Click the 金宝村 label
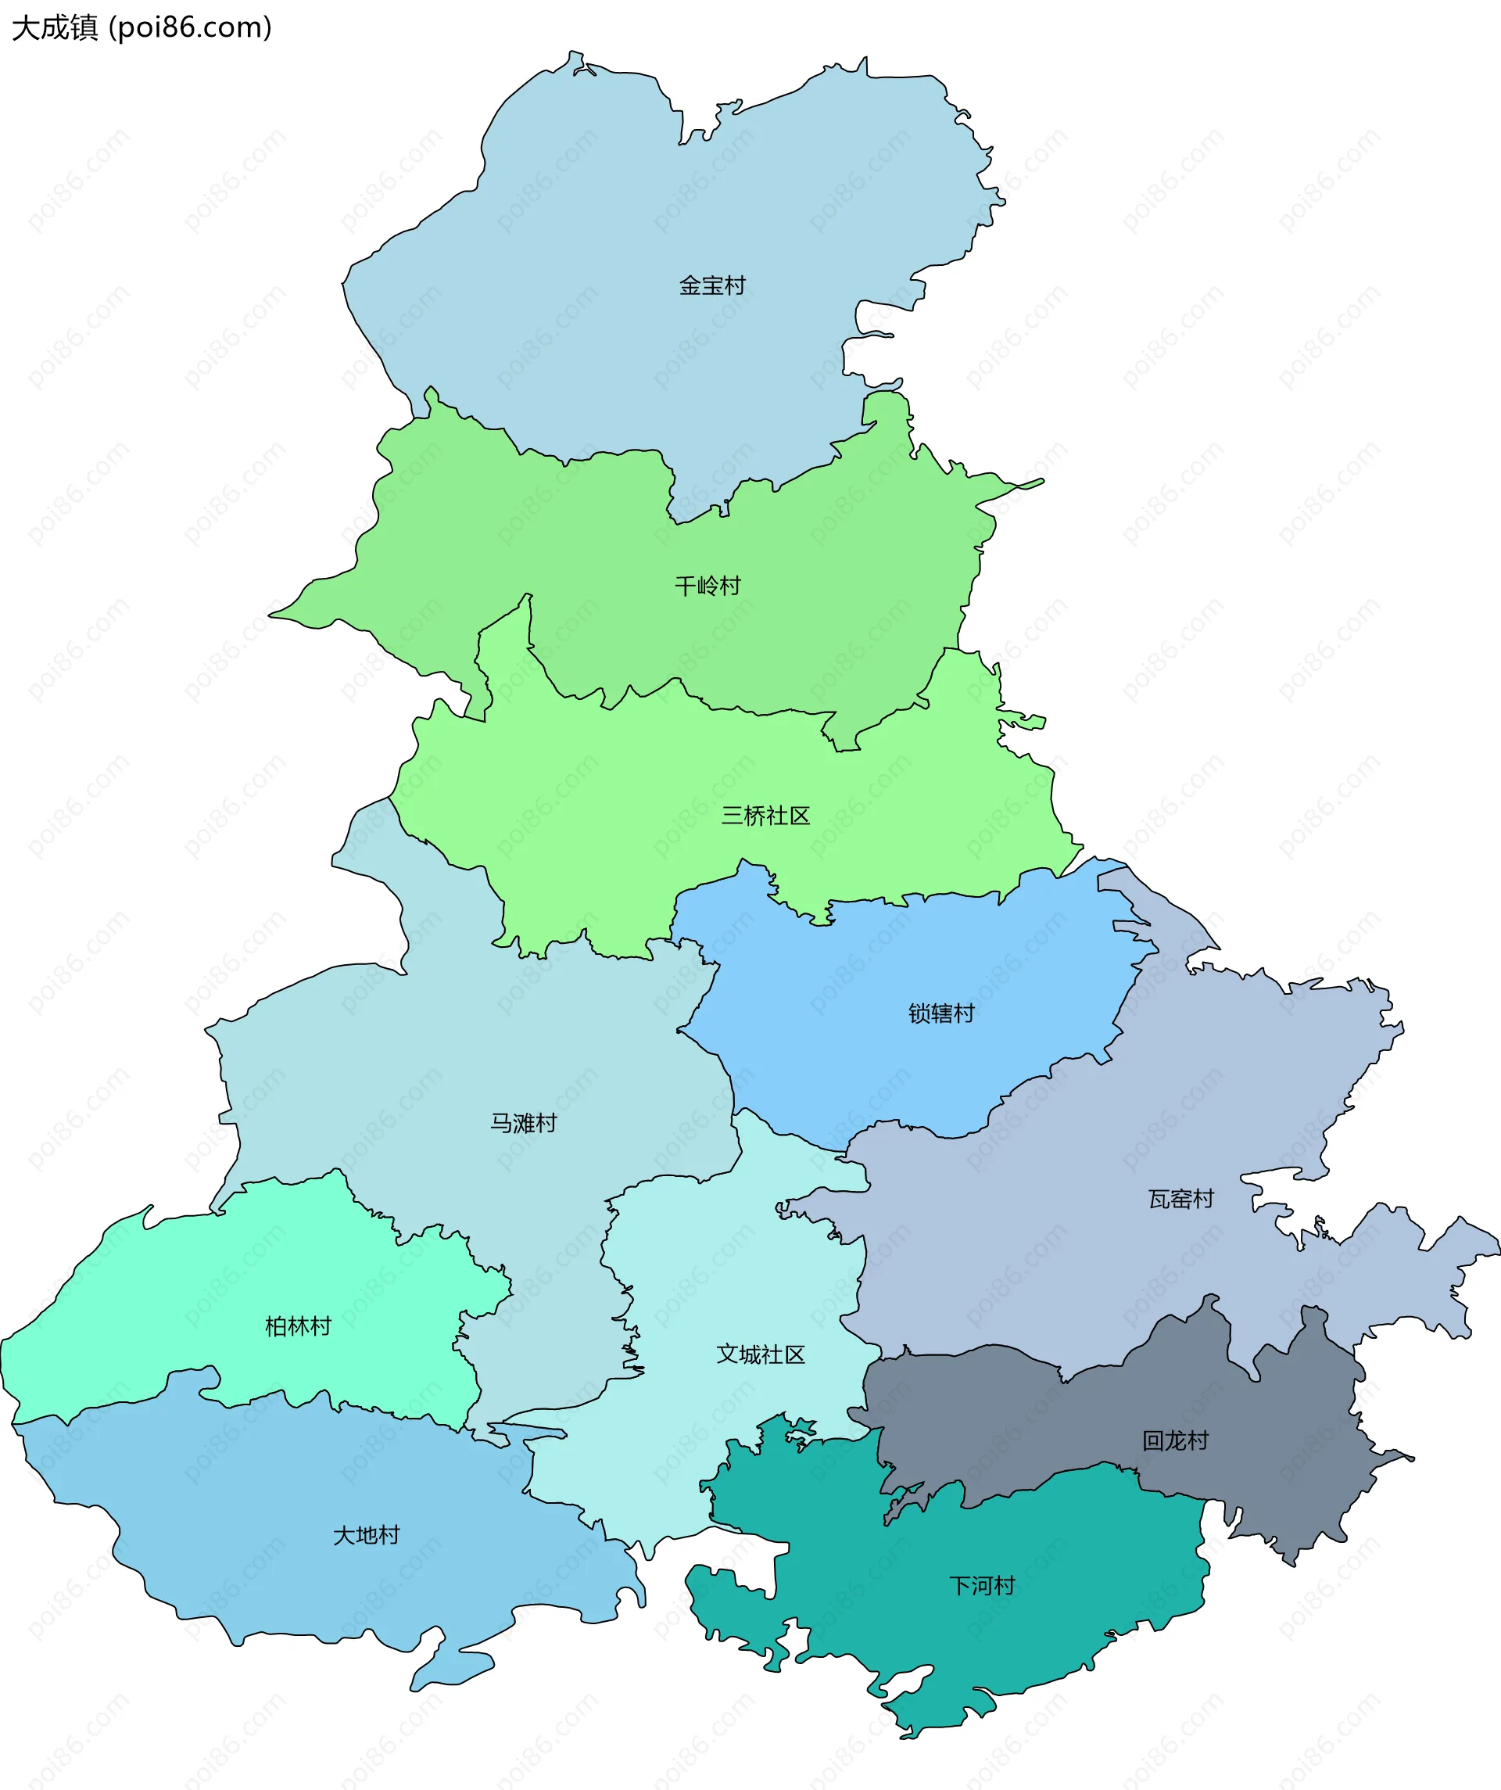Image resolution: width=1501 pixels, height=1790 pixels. tap(711, 285)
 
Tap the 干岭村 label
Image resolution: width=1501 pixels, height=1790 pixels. tap(708, 586)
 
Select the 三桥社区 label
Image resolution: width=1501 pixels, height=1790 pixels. tap(765, 816)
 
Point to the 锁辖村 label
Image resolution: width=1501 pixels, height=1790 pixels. tap(941, 1013)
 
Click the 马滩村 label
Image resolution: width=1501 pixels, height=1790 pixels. tap(522, 1124)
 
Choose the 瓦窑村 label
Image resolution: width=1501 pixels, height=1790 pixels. tap(1180, 1200)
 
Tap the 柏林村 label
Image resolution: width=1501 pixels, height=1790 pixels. tap(298, 1326)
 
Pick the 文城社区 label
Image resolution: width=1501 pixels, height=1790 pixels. tap(761, 1354)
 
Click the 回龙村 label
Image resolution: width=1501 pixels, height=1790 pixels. tap(1176, 1440)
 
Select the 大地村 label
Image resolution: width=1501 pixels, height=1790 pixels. tap(366, 1535)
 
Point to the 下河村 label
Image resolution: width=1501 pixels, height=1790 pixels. tap(982, 1585)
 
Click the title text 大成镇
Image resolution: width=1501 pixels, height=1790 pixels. tap(55, 27)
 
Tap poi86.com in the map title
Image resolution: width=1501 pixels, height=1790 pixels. tap(191, 27)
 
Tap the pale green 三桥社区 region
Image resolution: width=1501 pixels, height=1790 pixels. tap(639, 810)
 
